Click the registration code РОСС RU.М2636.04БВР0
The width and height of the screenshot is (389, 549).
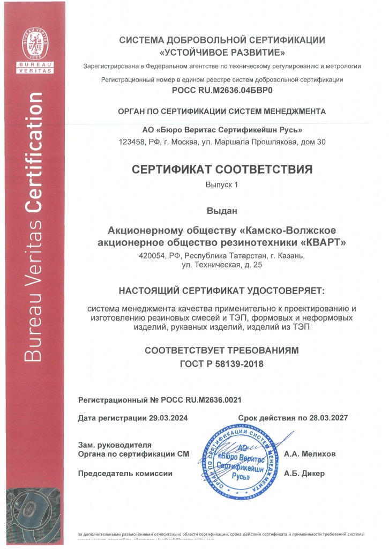[x=222, y=91]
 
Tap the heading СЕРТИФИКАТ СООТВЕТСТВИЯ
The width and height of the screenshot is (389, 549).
[x=222, y=170]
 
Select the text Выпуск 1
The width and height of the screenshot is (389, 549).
[x=221, y=184]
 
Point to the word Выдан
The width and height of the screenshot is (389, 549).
[x=222, y=211]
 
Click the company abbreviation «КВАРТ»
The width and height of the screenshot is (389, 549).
[x=323, y=242]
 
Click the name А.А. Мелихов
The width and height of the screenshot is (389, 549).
[x=310, y=454]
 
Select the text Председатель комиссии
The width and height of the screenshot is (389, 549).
[x=125, y=473]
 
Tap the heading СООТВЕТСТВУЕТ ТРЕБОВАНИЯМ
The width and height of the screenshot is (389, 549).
[x=221, y=351]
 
